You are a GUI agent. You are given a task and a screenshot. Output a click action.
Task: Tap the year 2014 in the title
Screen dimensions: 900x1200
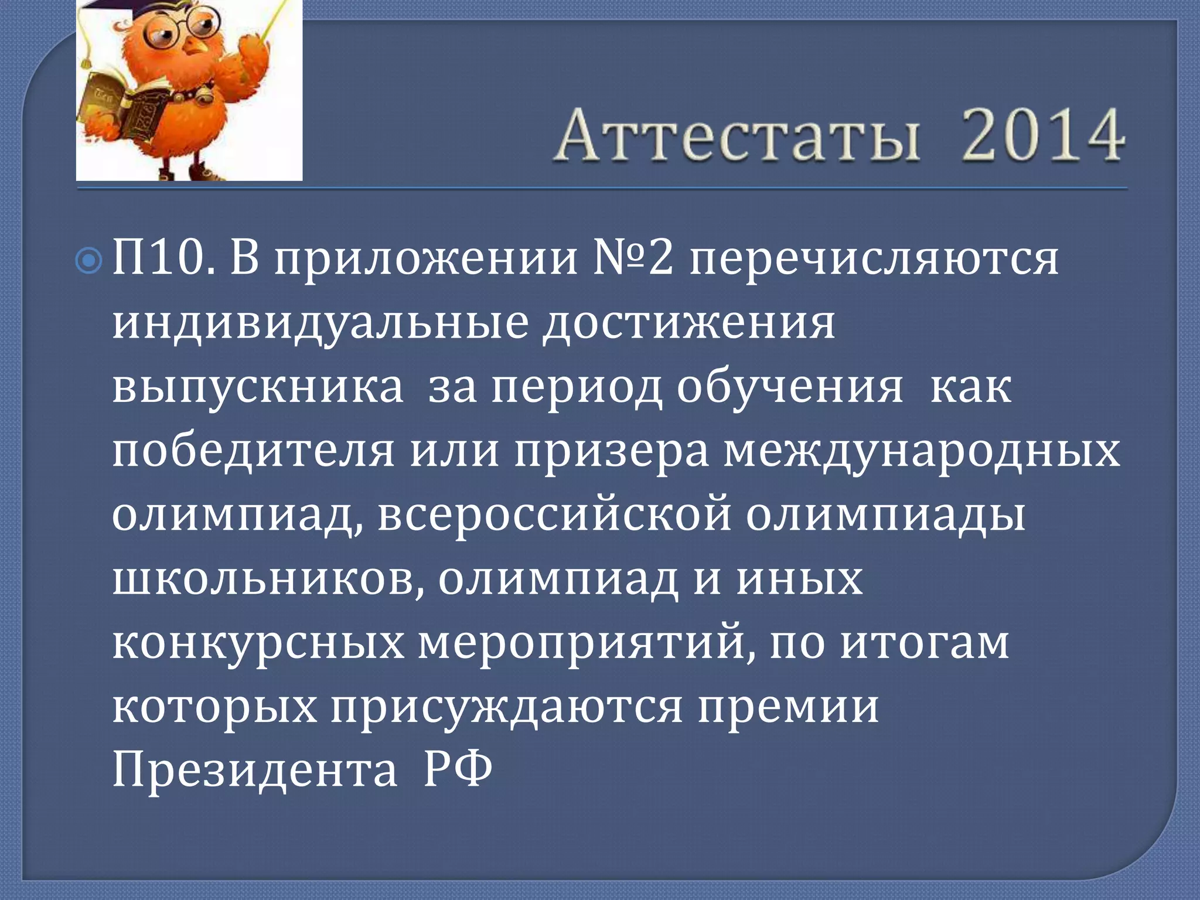[1042, 136]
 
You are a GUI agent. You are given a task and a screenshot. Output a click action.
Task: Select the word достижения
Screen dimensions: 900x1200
[688, 325]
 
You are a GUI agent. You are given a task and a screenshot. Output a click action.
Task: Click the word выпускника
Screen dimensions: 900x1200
[258, 388]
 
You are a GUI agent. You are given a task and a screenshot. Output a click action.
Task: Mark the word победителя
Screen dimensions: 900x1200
[253, 452]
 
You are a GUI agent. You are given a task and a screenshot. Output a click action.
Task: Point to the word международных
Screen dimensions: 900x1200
[922, 452]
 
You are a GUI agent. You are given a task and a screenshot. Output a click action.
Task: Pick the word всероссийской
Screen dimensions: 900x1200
[554, 516]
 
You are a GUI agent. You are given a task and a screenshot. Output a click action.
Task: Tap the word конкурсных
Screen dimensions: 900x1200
[258, 643]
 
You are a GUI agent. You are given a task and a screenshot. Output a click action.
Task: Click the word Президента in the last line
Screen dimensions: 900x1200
[255, 769]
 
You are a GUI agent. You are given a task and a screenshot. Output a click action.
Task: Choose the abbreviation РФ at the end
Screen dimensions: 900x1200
[458, 769]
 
